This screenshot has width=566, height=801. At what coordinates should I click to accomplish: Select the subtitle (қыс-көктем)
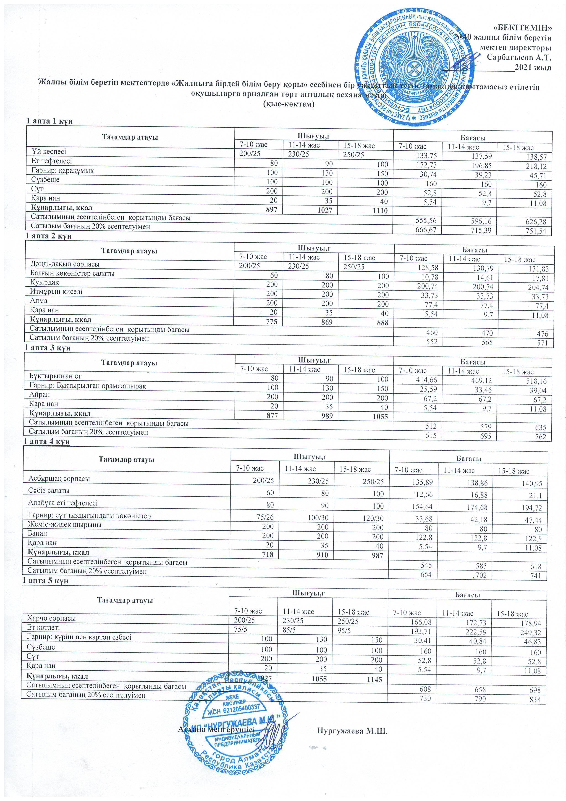click(x=289, y=104)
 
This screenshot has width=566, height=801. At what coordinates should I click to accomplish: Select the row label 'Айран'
click(x=39, y=395)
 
